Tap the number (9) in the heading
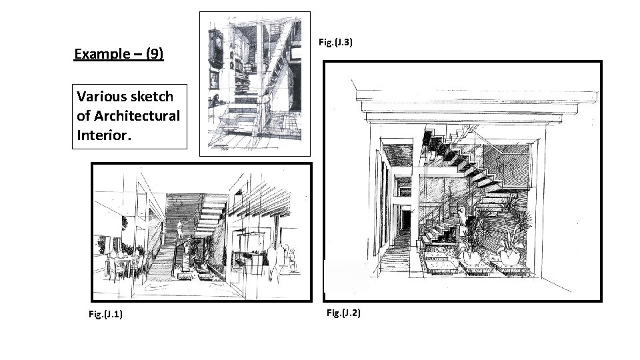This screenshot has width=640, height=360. coord(155,53)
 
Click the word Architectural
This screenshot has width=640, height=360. coord(137,116)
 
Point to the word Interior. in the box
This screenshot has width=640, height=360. coord(104,135)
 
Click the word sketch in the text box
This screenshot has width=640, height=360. coord(152,96)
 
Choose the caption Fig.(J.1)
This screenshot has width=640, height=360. coord(105,314)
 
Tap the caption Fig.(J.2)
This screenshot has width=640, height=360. coord(343,313)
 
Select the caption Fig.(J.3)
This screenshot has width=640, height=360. coord(335,42)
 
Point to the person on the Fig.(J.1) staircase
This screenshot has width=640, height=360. coord(180,231)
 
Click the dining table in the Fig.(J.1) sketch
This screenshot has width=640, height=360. coord(121,263)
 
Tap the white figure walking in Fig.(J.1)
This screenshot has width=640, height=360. coord(272,261)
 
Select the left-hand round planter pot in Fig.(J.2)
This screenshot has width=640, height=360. coord(471,257)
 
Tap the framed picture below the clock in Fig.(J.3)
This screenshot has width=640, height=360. coord(214,79)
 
